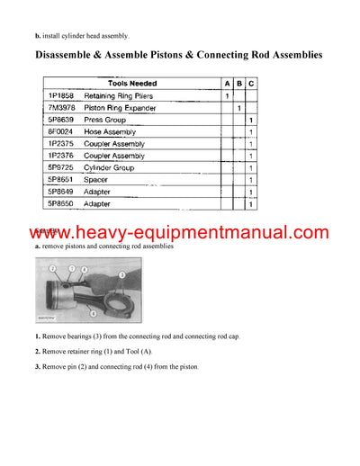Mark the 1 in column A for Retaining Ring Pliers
tap(226, 94)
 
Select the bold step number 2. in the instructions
tap(38, 351)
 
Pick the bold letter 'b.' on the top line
tap(38, 36)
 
